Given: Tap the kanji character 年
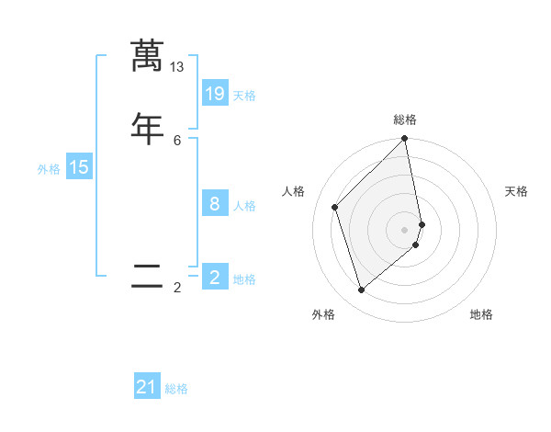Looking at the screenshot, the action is pyautogui.click(x=147, y=128).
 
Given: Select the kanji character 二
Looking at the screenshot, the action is pyautogui.click(x=147, y=276).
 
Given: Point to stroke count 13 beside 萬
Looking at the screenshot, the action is pyautogui.click(x=177, y=66).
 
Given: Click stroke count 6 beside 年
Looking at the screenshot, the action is pyautogui.click(x=177, y=140).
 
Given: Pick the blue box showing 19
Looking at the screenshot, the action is pyautogui.click(x=215, y=93).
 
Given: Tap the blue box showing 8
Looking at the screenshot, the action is pyautogui.click(x=215, y=203).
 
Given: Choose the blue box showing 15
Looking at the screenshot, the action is pyautogui.click(x=79, y=167).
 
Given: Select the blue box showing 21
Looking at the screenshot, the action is pyautogui.click(x=147, y=387).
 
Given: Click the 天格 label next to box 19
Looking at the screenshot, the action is pyautogui.click(x=244, y=96).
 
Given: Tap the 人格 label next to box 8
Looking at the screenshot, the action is pyautogui.click(x=244, y=206).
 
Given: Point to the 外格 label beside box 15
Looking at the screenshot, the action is pyautogui.click(x=49, y=169).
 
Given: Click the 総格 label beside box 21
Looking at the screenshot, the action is pyautogui.click(x=176, y=390).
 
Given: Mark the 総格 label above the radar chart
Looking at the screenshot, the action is pyautogui.click(x=405, y=119).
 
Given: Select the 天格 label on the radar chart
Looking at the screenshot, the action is pyautogui.click(x=516, y=191).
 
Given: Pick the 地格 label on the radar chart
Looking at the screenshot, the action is pyautogui.click(x=481, y=314).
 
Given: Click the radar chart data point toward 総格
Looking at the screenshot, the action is pyautogui.click(x=405, y=140).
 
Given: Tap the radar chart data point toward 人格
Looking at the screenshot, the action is pyautogui.click(x=335, y=207).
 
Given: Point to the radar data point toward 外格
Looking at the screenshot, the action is pyautogui.click(x=362, y=290).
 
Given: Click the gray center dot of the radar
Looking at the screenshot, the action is pyautogui.click(x=405, y=229).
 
